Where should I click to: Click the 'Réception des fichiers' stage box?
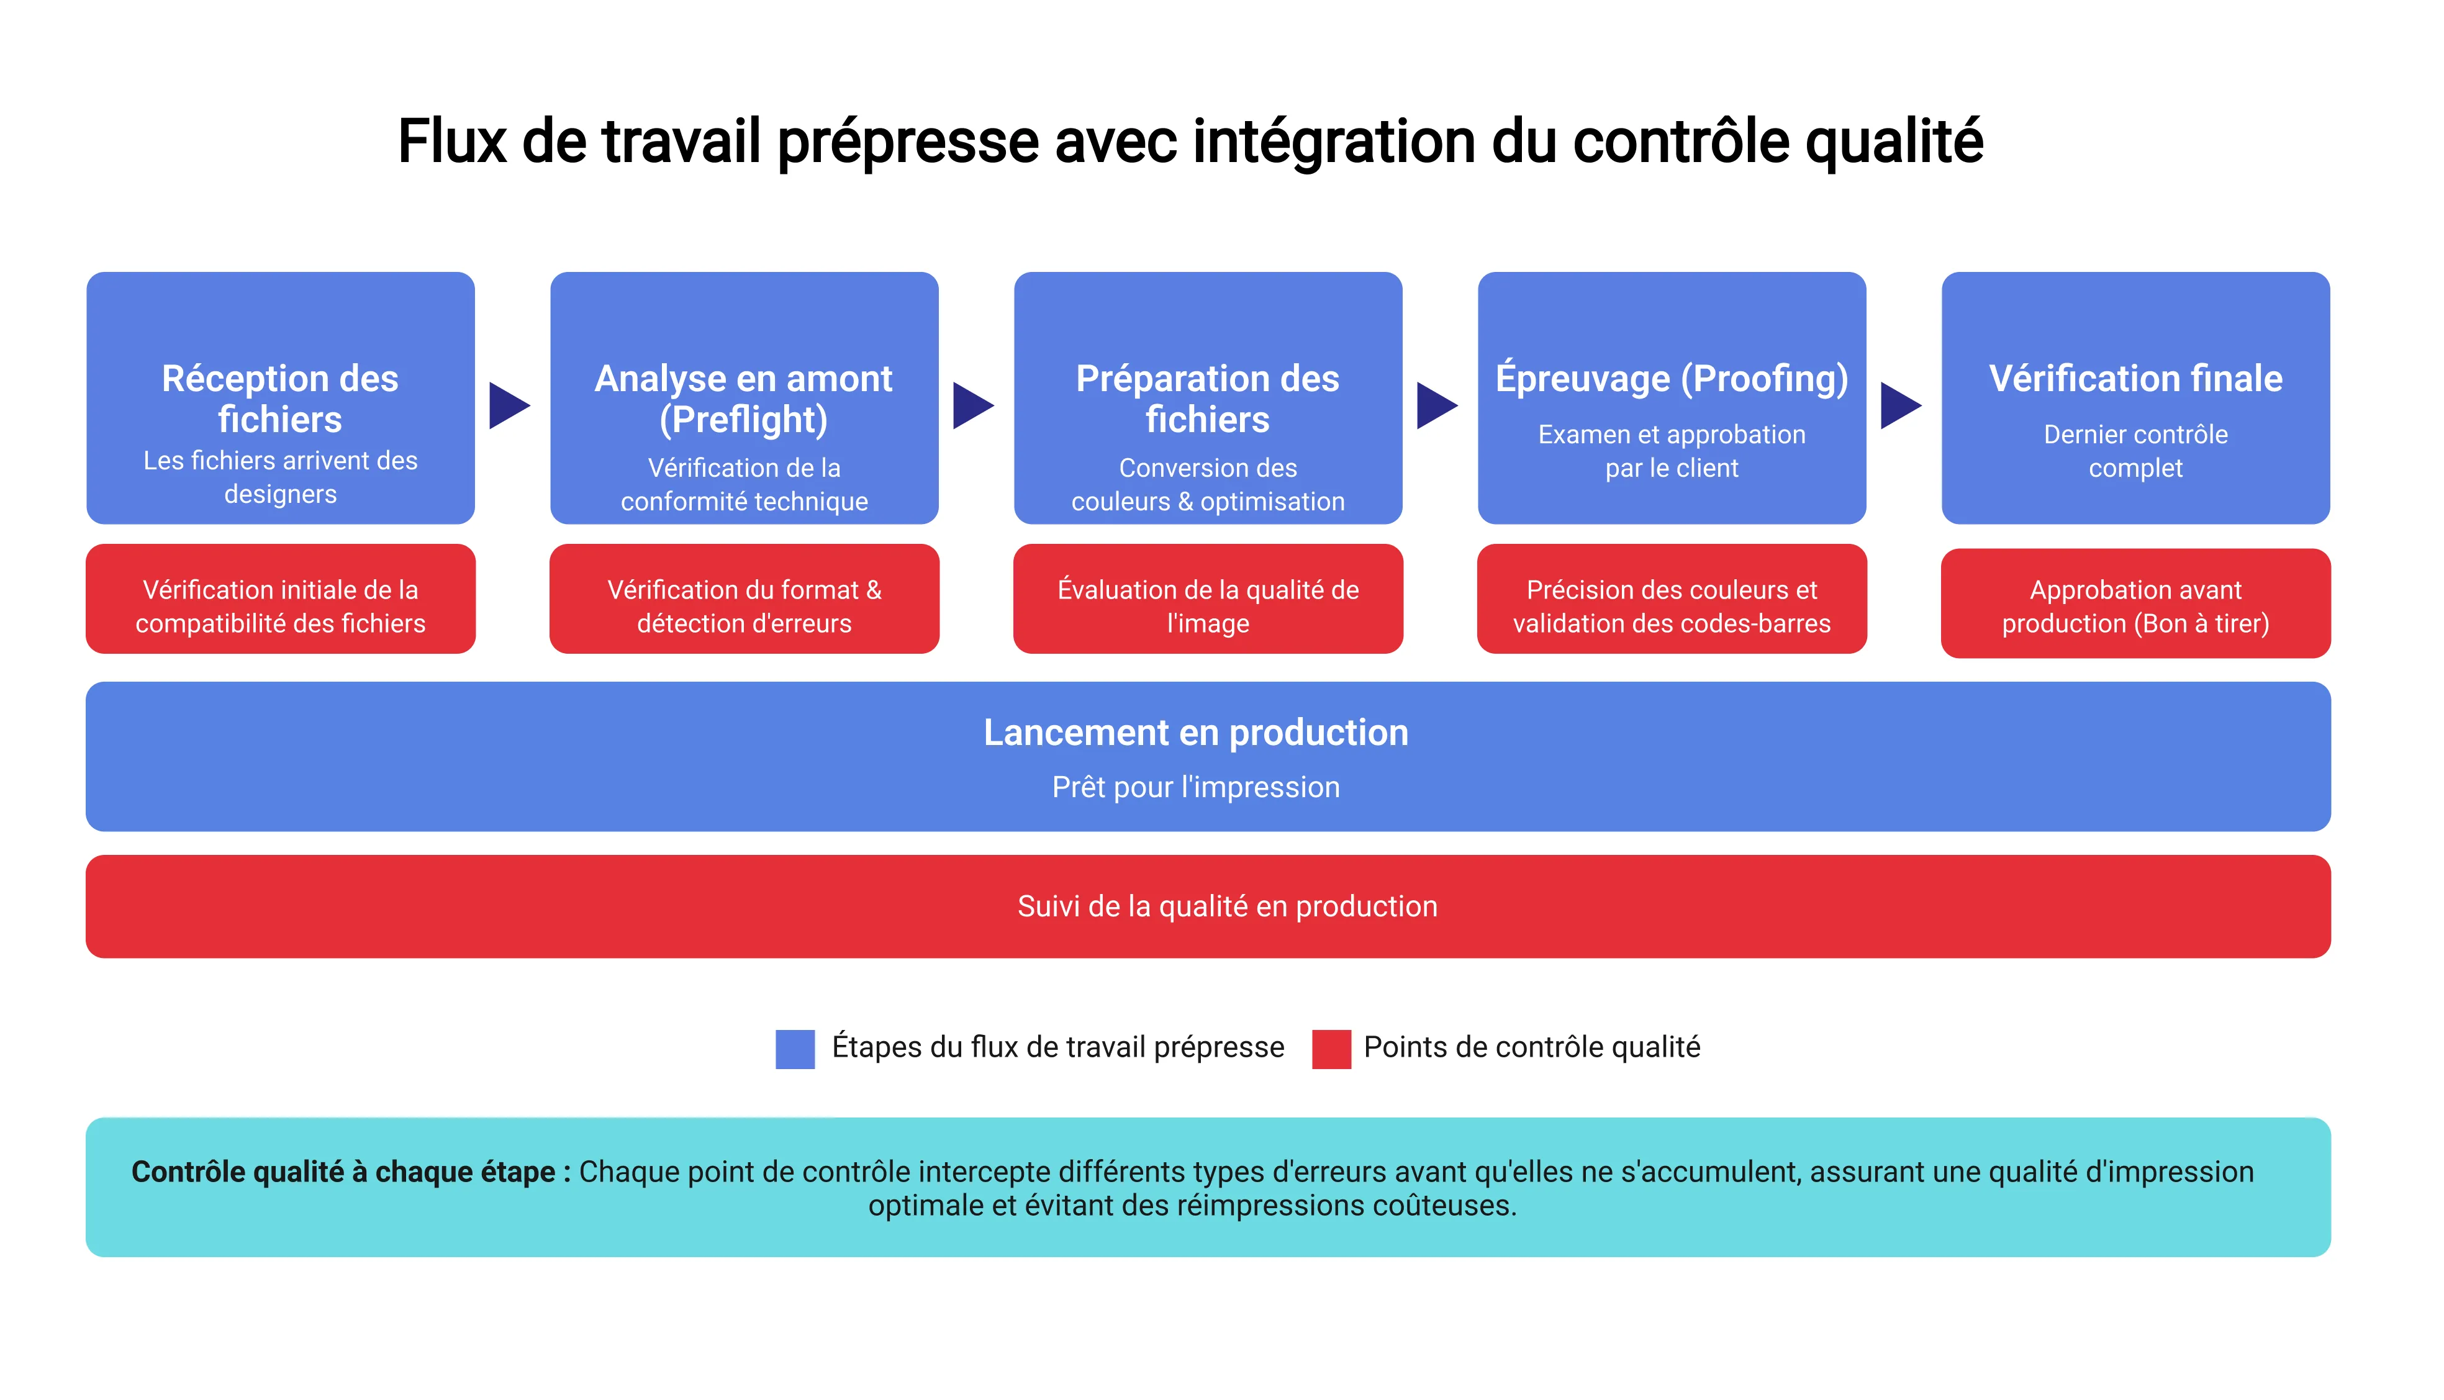click(x=280, y=398)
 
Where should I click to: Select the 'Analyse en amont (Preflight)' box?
click(x=743, y=398)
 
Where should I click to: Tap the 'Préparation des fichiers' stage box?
click(x=1208, y=398)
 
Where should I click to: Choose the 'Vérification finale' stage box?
click(x=2135, y=398)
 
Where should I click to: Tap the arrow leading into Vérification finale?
click(x=1900, y=406)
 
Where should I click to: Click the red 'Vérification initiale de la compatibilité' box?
click(x=280, y=599)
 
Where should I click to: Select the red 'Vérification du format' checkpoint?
click(x=743, y=599)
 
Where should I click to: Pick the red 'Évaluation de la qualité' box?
click(x=1208, y=599)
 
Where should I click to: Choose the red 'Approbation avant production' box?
click(x=2135, y=604)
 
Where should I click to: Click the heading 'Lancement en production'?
click(x=1195, y=733)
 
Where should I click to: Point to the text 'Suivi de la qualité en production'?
click(x=1227, y=906)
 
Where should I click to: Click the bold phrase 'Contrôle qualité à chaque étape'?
click(x=343, y=1172)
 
